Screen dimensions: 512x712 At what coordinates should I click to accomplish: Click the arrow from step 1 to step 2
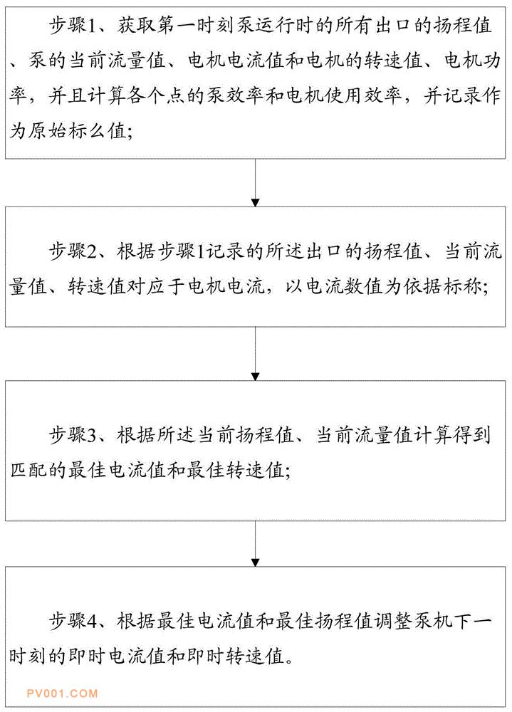pos(256,182)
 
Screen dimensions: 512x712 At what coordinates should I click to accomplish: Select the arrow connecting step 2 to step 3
pos(256,354)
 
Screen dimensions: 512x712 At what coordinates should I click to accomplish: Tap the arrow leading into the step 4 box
pos(256,543)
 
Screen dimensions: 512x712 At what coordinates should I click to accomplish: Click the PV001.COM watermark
pos(62,693)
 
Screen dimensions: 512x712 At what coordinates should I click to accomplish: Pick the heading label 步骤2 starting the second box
pos(73,251)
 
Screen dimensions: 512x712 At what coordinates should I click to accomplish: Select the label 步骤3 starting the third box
pos(73,436)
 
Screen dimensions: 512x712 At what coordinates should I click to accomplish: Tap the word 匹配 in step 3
pos(28,471)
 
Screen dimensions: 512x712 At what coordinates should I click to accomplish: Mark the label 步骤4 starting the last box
pos(73,621)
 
